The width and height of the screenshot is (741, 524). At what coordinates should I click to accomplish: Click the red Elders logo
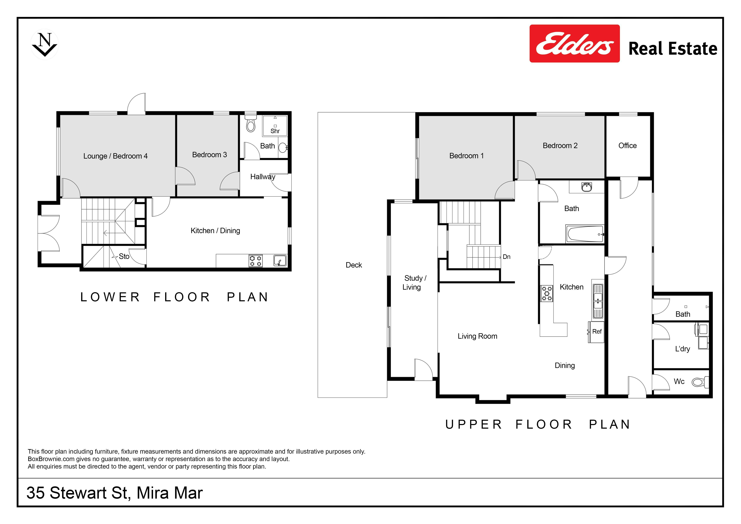[575, 43]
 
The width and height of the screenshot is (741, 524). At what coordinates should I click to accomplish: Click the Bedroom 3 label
[209, 155]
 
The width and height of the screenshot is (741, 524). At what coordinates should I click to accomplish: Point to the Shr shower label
[275, 131]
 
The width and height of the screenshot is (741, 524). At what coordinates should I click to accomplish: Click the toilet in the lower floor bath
[250, 123]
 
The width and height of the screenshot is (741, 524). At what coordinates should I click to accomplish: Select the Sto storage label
[124, 256]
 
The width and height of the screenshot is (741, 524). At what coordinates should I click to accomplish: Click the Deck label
[354, 265]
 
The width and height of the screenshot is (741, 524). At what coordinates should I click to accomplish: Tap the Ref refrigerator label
[597, 332]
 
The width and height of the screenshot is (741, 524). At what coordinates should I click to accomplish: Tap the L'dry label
[682, 349]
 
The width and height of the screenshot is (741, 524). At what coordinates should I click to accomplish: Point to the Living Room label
[477, 336]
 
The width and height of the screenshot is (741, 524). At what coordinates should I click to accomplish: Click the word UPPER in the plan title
[473, 425]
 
